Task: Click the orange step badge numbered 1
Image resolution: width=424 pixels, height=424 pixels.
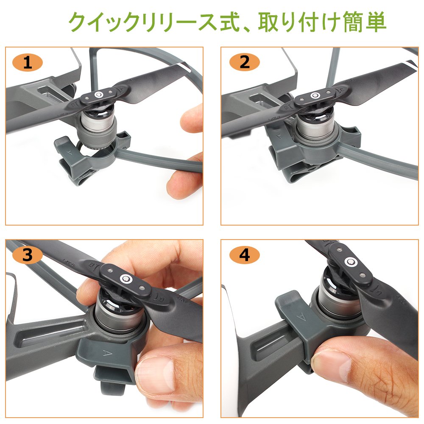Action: (28, 63)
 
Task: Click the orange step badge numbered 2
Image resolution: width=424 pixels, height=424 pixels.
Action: (245, 62)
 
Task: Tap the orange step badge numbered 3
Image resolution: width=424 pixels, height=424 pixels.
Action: (28, 255)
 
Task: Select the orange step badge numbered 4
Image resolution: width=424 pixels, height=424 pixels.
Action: (245, 255)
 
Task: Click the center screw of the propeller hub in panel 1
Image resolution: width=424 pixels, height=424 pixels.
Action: (99, 95)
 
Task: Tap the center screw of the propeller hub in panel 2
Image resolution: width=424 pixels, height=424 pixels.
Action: (314, 95)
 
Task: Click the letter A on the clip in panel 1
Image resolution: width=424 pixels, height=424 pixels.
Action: (70, 153)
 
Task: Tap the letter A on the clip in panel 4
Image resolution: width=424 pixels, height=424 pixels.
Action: (301, 317)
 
